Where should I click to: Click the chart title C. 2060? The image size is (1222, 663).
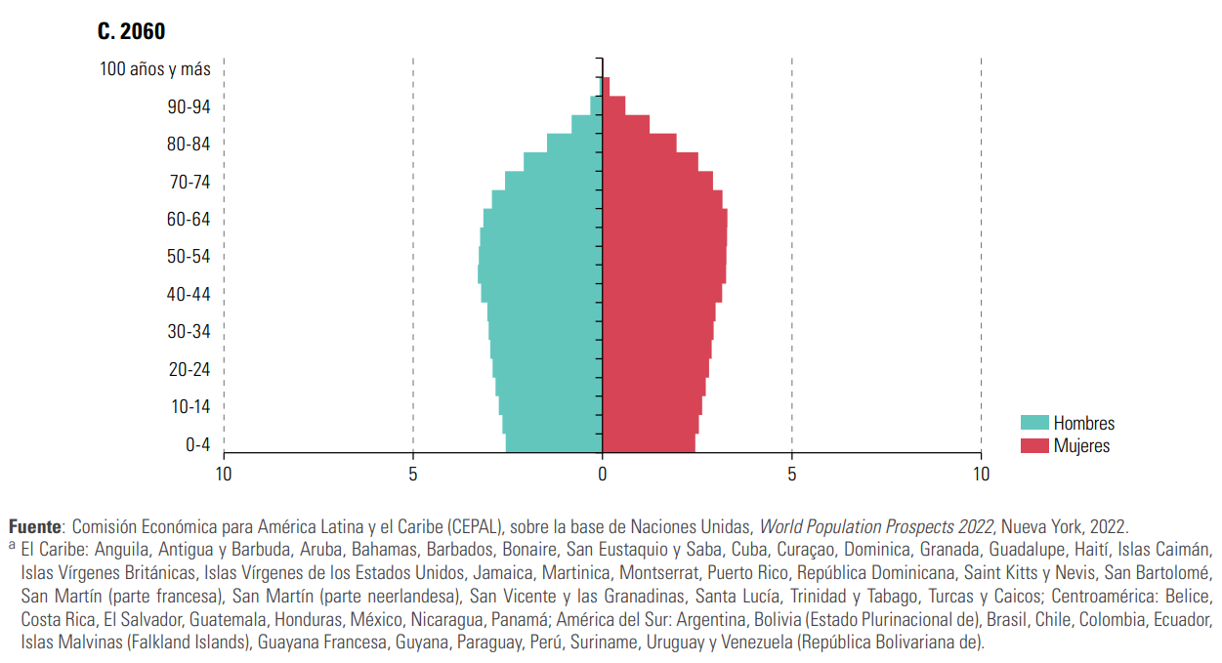tap(131, 31)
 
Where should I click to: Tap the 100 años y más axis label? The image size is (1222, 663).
tap(154, 69)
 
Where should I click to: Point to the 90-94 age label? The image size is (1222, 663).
tap(189, 106)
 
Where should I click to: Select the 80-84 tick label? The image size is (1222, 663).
tap(189, 145)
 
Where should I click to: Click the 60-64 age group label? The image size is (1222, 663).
tap(189, 220)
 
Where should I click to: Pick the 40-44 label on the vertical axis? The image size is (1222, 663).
tap(189, 295)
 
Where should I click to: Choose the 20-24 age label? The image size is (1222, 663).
tap(189, 370)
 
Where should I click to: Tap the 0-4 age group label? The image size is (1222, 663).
tap(197, 445)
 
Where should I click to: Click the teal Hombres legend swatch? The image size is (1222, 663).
tap(1034, 423)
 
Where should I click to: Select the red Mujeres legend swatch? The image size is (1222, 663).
tap(1034, 446)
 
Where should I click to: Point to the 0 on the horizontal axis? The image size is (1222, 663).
tap(603, 475)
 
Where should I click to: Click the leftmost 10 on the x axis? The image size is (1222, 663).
tap(224, 475)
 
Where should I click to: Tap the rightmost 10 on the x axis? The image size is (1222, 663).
tap(981, 475)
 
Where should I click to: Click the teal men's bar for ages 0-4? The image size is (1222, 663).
tap(554, 443)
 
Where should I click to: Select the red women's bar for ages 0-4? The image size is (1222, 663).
tap(649, 443)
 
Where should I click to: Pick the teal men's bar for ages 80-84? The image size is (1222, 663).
tap(574, 143)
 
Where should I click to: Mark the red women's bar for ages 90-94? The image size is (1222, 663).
tap(613, 105)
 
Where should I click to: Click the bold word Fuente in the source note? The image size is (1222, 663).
tap(34, 526)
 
